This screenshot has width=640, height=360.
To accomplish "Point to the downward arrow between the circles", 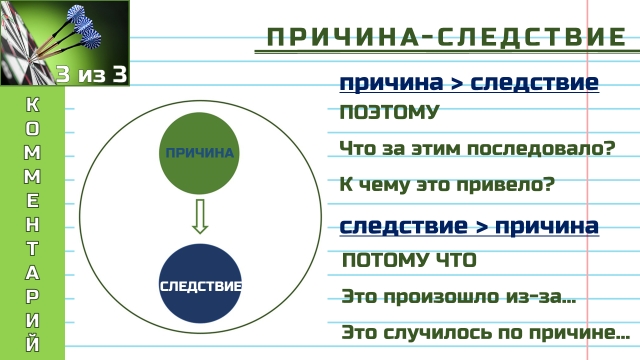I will click(x=200, y=216).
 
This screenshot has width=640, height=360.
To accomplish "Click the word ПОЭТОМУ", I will click(x=389, y=112).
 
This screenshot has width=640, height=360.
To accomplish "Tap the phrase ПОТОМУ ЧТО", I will click(x=409, y=261).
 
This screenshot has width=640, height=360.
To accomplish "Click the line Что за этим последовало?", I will click(x=476, y=150).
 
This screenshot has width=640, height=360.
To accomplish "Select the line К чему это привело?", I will click(x=446, y=186).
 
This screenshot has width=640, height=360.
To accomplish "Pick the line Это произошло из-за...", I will click(x=458, y=297).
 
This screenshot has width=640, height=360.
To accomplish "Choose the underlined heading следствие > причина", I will click(x=469, y=226).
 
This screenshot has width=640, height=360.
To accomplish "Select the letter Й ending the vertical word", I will click(x=32, y=344).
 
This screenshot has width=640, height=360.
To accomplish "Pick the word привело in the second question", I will click(x=508, y=186).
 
